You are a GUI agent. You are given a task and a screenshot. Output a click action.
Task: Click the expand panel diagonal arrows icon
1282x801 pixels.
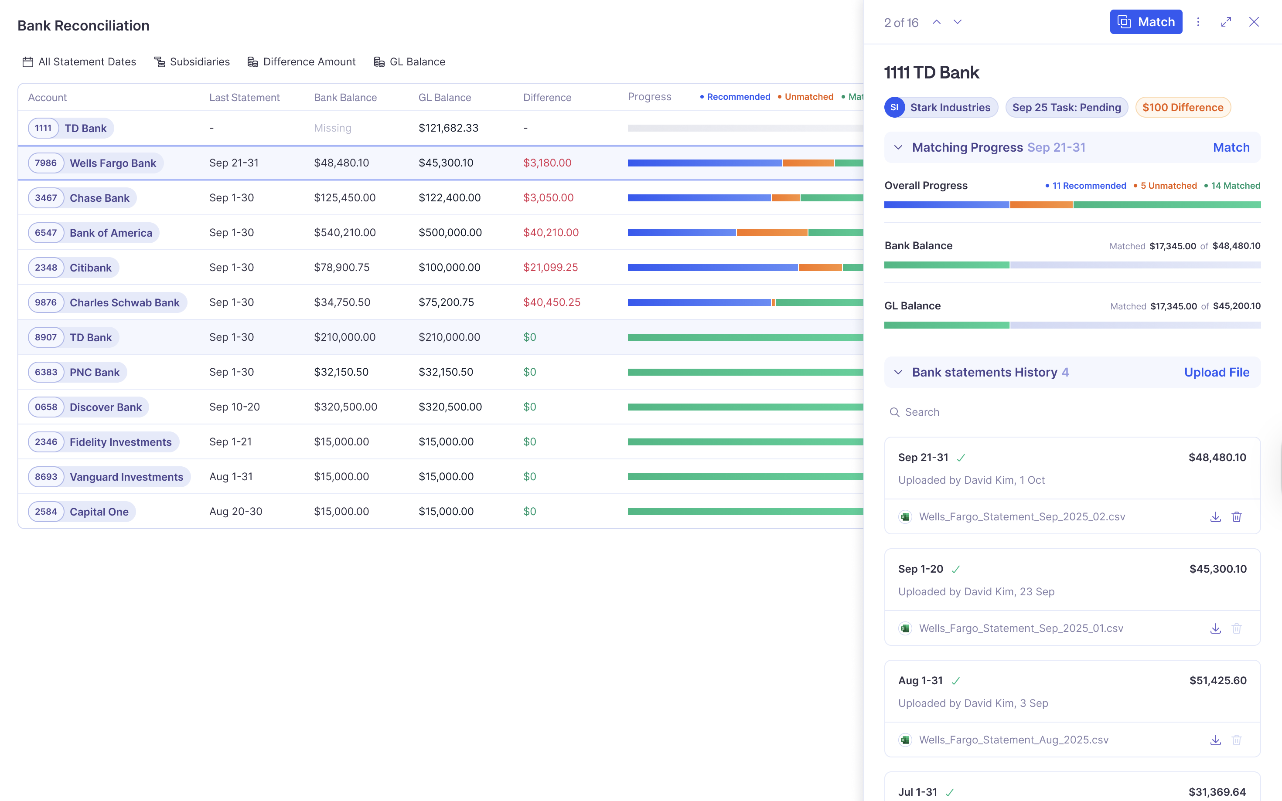pos(1226,22)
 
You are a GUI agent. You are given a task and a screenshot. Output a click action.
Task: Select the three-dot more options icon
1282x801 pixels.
pos(1198,22)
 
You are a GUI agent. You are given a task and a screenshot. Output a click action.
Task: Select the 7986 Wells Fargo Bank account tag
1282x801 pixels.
pos(95,163)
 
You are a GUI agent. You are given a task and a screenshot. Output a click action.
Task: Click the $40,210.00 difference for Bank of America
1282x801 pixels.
pos(551,233)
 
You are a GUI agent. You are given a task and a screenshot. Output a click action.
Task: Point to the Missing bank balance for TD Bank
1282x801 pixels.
pos(332,128)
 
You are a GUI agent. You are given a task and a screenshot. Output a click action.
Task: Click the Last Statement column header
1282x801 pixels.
pos(244,98)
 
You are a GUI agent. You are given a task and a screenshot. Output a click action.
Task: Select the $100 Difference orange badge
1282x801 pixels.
pos(1183,108)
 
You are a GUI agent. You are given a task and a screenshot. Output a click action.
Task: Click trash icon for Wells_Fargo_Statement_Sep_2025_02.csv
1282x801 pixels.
pos(1236,517)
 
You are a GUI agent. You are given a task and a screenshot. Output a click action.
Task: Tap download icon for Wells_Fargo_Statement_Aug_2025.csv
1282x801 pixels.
pos(1215,740)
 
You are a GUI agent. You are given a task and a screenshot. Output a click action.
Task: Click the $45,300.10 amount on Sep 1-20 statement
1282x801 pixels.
pos(1217,569)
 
